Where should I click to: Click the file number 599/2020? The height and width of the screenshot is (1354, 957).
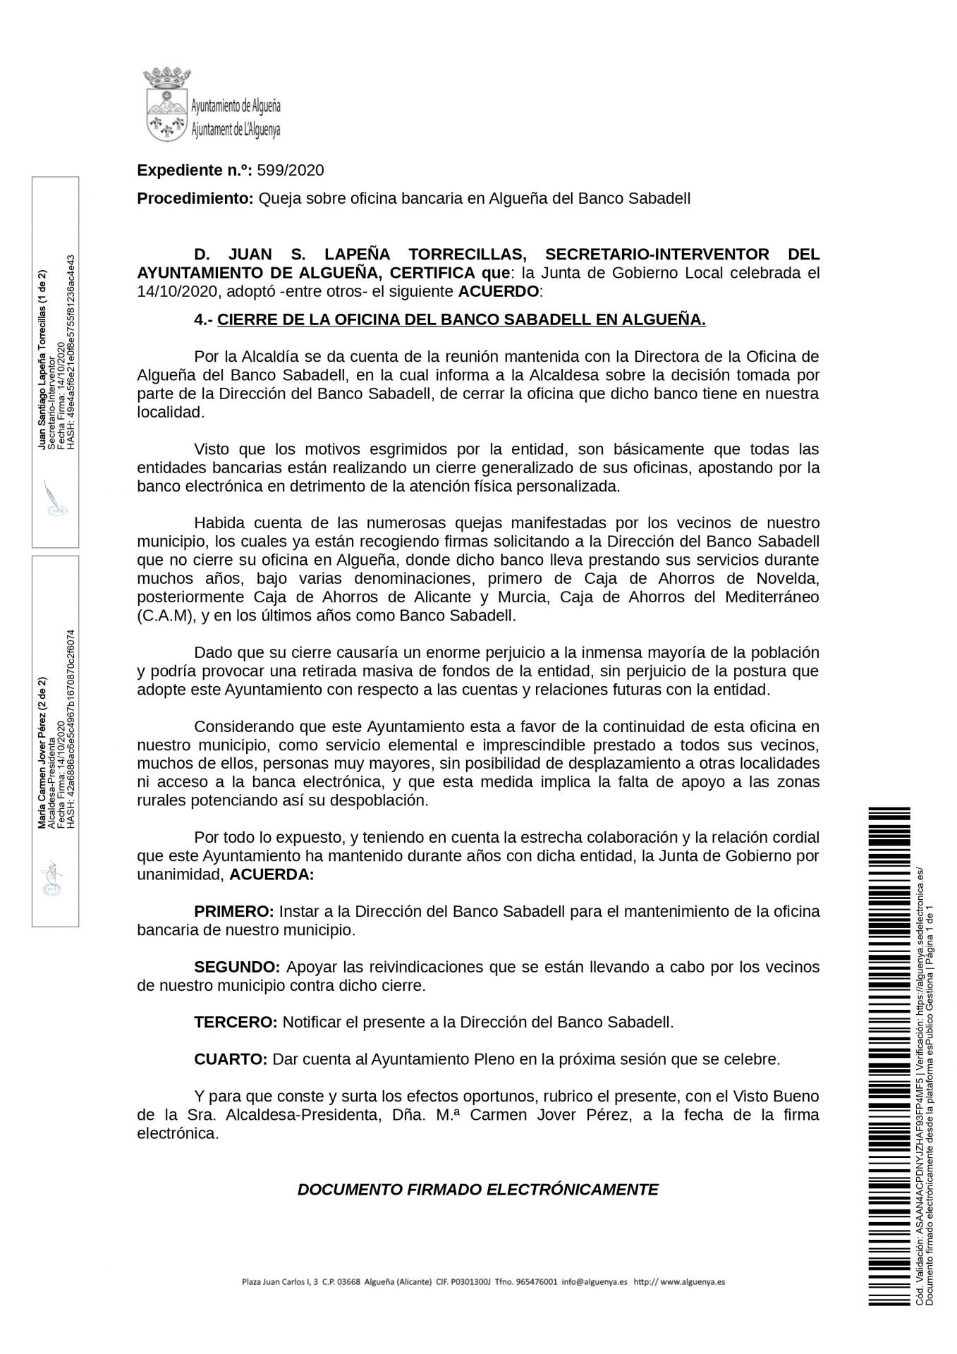point(291,170)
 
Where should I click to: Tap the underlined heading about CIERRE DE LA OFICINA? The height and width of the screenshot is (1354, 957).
point(461,319)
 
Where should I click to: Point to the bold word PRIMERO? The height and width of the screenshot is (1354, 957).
point(234,911)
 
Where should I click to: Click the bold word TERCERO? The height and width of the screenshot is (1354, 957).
point(236,1022)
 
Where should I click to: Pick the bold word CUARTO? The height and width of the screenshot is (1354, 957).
point(231,1059)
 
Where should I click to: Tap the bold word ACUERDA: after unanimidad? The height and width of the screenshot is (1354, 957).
point(273,875)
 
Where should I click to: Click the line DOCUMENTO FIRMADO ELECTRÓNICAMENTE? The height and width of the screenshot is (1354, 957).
point(477,1190)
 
